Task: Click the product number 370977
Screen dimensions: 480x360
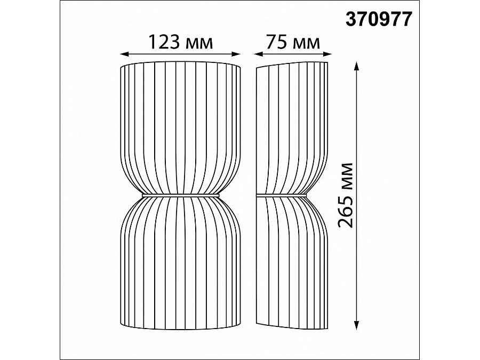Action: [x=379, y=19]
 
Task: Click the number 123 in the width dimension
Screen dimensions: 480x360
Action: [x=164, y=42]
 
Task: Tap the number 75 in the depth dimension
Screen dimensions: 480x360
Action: [x=276, y=42]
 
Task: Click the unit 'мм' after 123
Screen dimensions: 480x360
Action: [x=198, y=44]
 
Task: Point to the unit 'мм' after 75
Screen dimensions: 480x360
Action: [x=306, y=44]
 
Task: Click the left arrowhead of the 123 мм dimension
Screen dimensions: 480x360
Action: [x=124, y=54]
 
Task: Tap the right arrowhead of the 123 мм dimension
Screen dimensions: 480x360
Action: [x=236, y=54]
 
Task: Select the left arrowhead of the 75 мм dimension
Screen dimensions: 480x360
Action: [x=259, y=54]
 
